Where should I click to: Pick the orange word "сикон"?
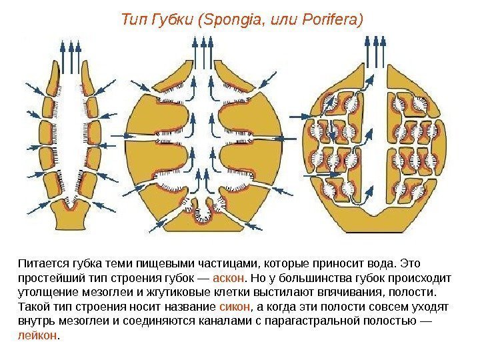tap(235, 306)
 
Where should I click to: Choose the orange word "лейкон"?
tap(37, 335)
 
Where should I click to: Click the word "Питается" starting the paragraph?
tap(39, 262)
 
